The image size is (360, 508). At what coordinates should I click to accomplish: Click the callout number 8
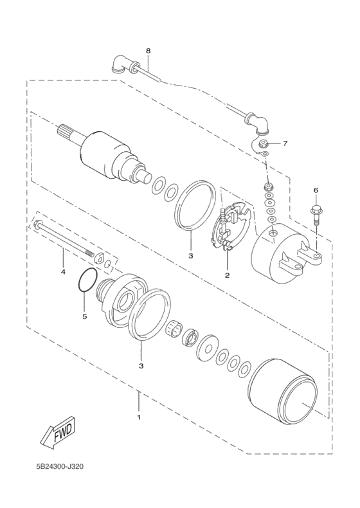(x=148, y=51)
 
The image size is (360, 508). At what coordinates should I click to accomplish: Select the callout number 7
(x=285, y=143)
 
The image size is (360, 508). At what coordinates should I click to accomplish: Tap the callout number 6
(x=316, y=190)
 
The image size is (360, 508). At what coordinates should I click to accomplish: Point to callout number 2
(x=227, y=275)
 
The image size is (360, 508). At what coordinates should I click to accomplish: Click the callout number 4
(x=63, y=271)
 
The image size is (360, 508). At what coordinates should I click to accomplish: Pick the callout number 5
(x=85, y=316)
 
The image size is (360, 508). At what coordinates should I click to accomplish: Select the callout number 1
(x=139, y=417)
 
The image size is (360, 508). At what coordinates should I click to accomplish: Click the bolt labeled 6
(x=316, y=215)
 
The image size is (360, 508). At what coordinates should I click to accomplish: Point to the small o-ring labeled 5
(x=87, y=280)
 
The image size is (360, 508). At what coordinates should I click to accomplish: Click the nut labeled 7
(x=264, y=143)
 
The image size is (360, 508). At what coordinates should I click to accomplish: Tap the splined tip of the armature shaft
(x=62, y=132)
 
